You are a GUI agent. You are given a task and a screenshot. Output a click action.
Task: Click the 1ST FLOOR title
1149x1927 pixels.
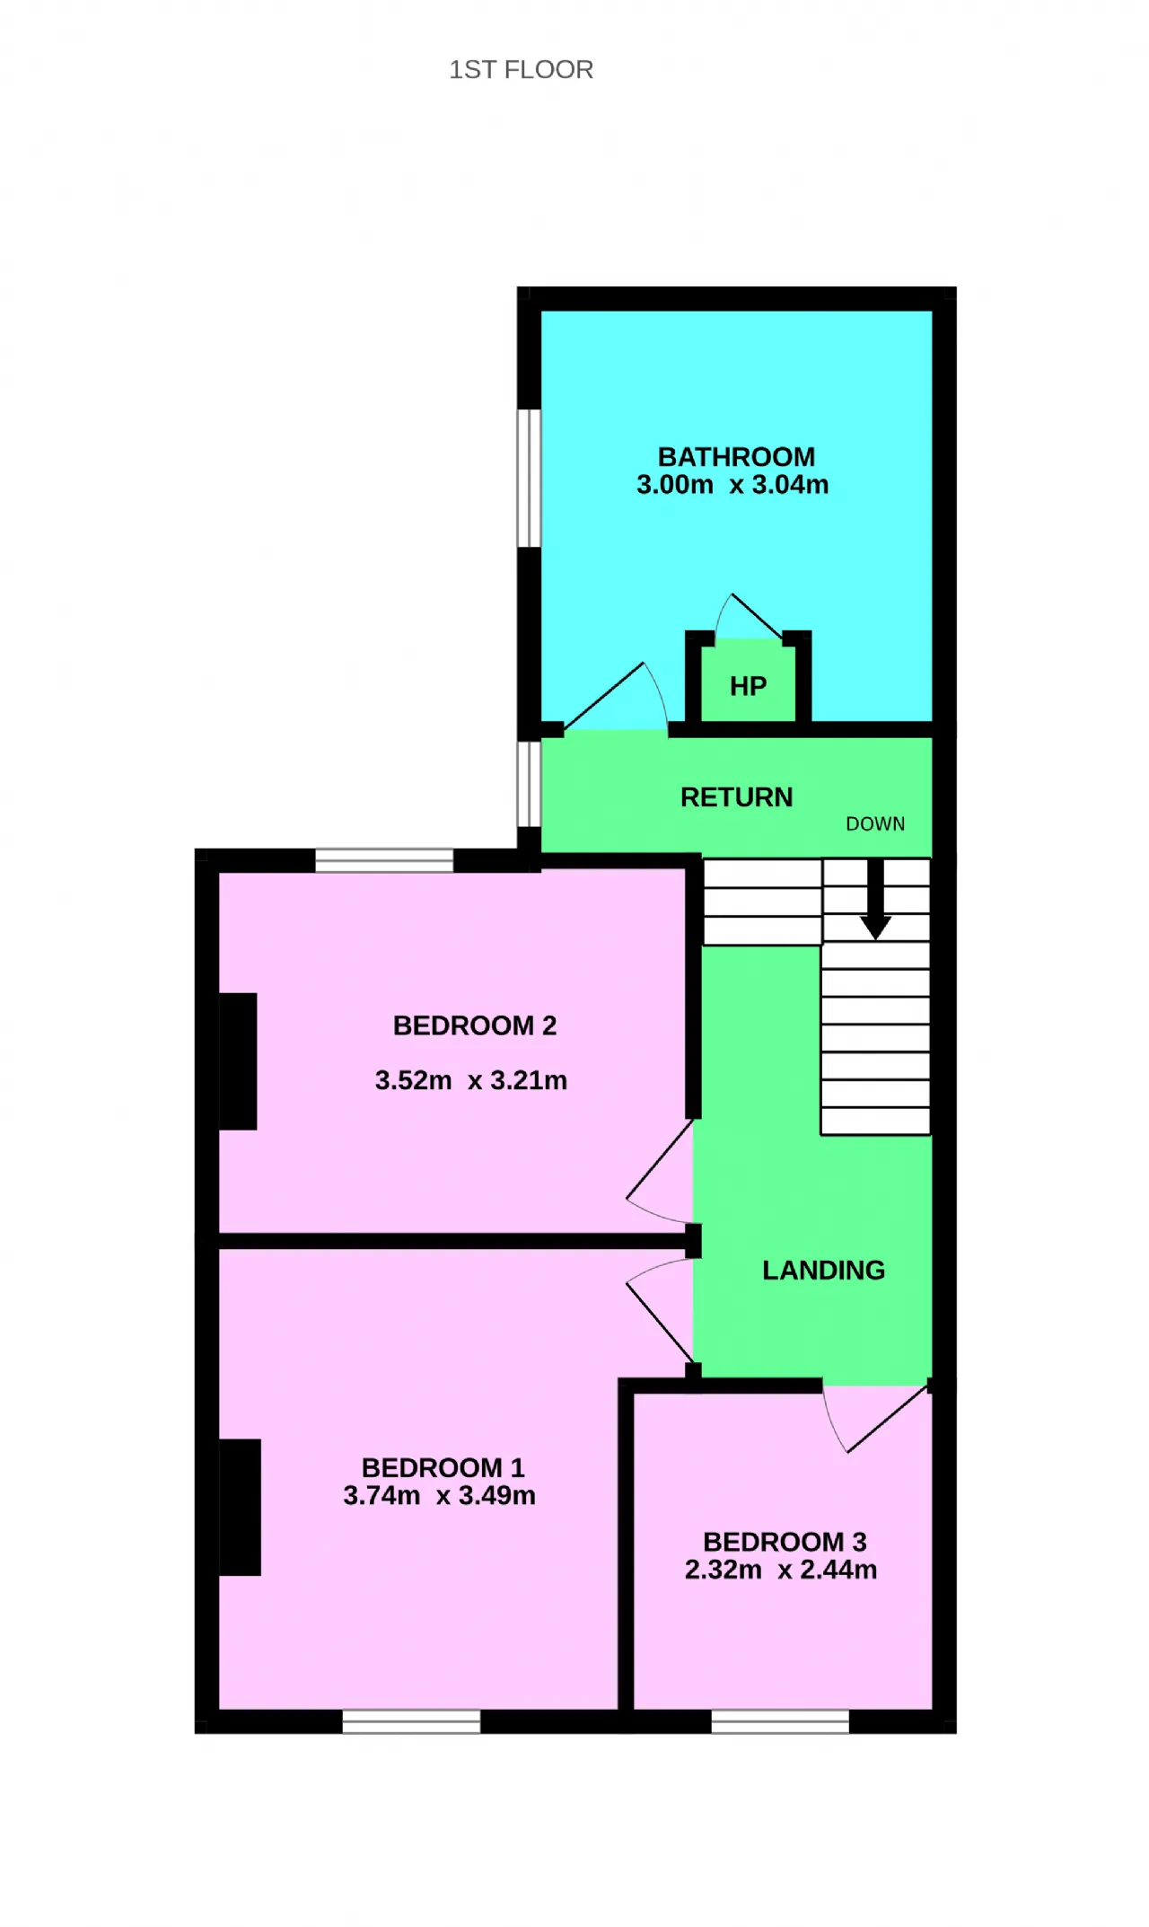[x=521, y=70]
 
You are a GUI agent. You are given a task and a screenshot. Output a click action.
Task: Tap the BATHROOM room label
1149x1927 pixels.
[x=736, y=457]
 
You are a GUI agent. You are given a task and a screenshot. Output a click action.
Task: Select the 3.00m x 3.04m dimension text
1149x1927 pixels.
[x=732, y=485]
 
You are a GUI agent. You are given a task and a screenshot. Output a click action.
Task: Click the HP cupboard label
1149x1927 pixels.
[x=748, y=687]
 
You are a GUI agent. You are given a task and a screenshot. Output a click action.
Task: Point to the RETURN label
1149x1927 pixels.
[x=736, y=797]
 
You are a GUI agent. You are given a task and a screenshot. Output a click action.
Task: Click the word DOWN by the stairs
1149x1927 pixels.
[x=875, y=824]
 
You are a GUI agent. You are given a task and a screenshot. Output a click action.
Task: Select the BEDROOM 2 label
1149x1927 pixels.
[x=475, y=1025]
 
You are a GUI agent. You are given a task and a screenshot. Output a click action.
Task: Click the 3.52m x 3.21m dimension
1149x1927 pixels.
[x=471, y=1080]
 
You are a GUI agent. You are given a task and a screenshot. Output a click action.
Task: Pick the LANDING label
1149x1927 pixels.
[x=823, y=1271]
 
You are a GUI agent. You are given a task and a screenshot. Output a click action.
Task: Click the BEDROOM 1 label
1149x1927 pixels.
[x=443, y=1467]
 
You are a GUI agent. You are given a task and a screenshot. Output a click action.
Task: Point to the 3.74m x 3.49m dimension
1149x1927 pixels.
[x=439, y=1495]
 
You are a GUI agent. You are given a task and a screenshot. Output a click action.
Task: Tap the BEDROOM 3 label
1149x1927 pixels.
[x=785, y=1542]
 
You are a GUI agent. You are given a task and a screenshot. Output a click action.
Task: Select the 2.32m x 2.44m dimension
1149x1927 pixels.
[x=781, y=1570]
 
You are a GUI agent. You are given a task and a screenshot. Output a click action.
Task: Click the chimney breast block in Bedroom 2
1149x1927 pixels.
[x=238, y=1061]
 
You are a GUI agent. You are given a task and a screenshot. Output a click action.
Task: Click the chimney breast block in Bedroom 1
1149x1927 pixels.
[x=240, y=1508]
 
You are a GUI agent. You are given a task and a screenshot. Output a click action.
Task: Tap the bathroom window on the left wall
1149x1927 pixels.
[x=530, y=479]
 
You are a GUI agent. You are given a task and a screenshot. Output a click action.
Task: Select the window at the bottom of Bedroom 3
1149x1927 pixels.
[x=780, y=1721]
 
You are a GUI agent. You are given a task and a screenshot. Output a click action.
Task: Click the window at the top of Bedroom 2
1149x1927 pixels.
[x=384, y=860]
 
